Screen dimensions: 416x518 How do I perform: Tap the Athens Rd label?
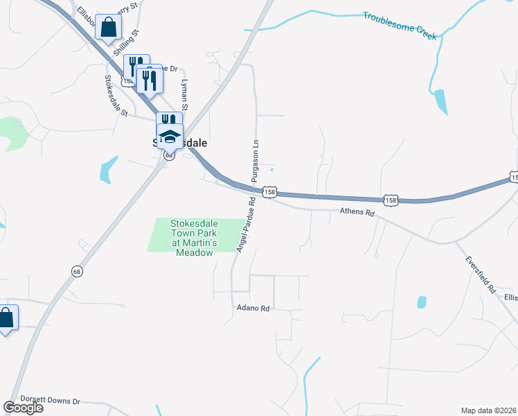(x=357, y=212)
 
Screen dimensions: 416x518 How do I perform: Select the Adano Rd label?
(x=252, y=306)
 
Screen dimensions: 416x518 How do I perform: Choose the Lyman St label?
(x=185, y=94)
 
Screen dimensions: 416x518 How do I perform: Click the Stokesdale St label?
(x=116, y=96)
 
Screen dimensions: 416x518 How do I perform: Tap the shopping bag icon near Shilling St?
(x=109, y=28)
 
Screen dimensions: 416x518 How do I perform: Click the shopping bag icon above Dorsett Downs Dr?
(x=6, y=318)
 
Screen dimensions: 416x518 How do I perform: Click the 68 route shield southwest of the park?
(x=76, y=272)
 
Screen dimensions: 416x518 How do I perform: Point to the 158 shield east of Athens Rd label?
(x=392, y=200)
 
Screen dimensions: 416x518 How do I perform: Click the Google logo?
(x=23, y=408)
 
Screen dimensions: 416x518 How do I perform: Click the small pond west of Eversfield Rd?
(x=422, y=302)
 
